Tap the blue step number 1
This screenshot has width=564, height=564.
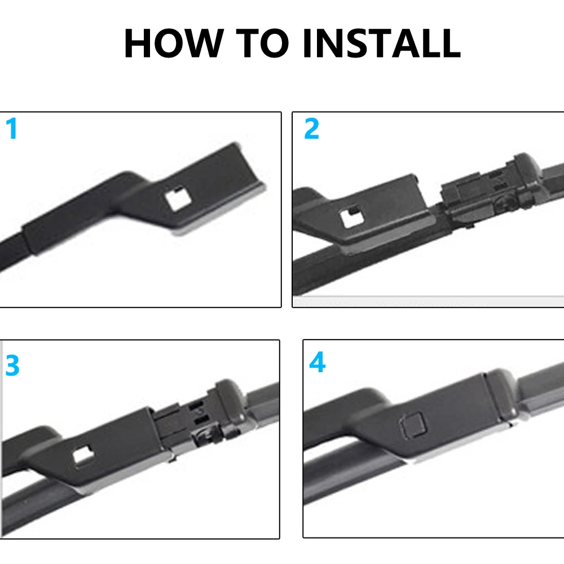tap(12, 129)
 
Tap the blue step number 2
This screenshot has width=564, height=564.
tap(311, 129)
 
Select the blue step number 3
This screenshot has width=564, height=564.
tap(12, 367)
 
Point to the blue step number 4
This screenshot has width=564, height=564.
tap(317, 363)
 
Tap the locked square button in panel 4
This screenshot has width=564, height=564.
tap(410, 424)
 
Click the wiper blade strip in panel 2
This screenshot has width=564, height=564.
tap(338, 271)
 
